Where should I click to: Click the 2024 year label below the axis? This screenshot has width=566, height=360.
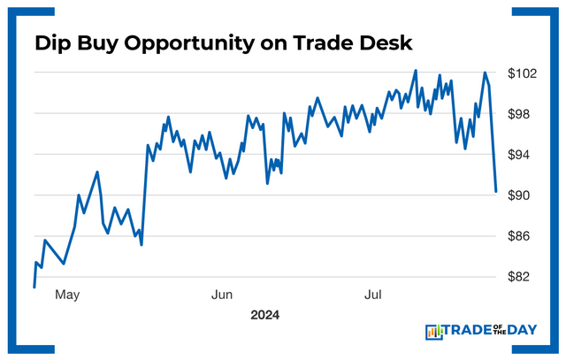point(264,314)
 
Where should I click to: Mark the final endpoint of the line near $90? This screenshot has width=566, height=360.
point(496,191)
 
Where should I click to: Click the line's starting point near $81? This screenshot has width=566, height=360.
point(34,287)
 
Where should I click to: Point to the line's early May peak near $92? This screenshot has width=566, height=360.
point(97,172)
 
